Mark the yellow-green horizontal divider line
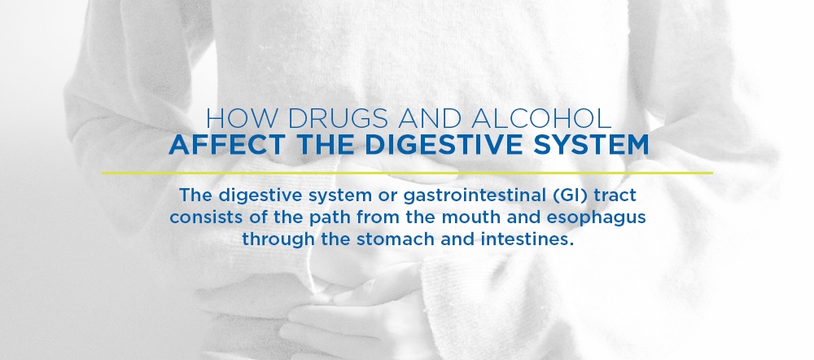point(407,173)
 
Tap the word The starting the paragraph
point(195,195)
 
